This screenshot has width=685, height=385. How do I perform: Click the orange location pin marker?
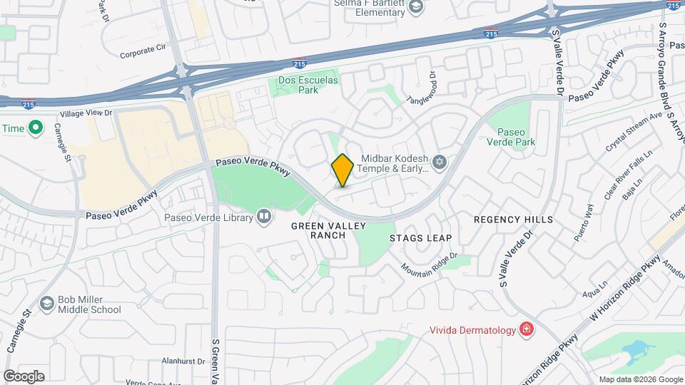pyautogui.click(x=342, y=170)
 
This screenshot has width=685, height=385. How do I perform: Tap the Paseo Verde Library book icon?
pyautogui.click(x=264, y=217)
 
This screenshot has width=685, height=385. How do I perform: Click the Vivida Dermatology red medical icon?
pyautogui.click(x=527, y=329)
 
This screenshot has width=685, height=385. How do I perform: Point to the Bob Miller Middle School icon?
pyautogui.click(x=47, y=304)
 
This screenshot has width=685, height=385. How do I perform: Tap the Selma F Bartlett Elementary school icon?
pyautogui.click(x=415, y=7)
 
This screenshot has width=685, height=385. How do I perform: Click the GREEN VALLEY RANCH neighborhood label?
pyautogui.click(x=328, y=230)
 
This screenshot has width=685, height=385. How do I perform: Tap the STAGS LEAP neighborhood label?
pyautogui.click(x=420, y=238)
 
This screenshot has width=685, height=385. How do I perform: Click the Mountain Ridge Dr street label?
pyautogui.click(x=428, y=266)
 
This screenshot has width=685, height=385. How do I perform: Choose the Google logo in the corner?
pyautogui.click(x=24, y=376)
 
